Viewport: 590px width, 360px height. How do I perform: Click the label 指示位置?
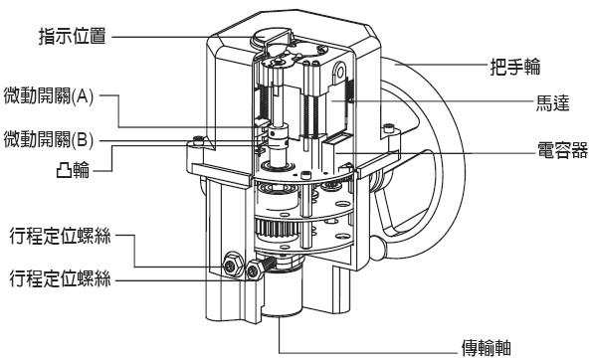pyautogui.click(x=73, y=37)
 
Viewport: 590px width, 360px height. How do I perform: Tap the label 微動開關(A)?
pyautogui.click(x=49, y=95)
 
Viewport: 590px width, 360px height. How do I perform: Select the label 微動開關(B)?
pyautogui.click(x=49, y=139)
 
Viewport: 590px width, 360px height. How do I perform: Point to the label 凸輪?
pyautogui.click(x=73, y=170)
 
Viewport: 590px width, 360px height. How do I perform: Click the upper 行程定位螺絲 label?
pyautogui.click(x=61, y=236)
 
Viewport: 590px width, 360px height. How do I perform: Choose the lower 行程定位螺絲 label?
pyautogui.click(x=61, y=278)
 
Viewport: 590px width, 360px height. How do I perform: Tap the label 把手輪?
pyautogui.click(x=515, y=67)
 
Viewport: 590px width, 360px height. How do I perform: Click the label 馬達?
pyautogui.click(x=553, y=102)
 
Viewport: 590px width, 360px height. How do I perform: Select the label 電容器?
pyautogui.click(x=562, y=149)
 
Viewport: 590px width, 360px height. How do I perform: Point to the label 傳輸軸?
pyautogui.click(x=487, y=348)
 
